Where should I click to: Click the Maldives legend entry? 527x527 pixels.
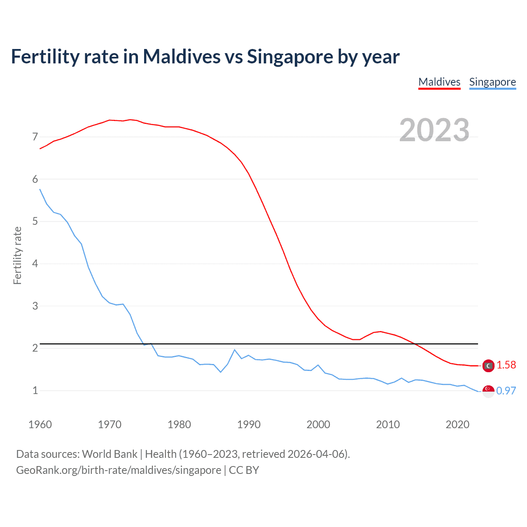[439, 82]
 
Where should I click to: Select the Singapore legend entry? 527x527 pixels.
[492, 82]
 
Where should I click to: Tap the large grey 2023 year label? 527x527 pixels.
[434, 130]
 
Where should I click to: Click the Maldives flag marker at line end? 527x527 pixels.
[488, 366]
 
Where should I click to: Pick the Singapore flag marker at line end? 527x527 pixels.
[488, 391]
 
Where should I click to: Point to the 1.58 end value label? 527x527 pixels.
[506, 365]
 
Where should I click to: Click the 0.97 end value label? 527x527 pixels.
[506, 391]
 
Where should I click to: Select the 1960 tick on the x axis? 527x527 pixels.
[40, 424]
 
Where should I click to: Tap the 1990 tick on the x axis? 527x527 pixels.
[249, 424]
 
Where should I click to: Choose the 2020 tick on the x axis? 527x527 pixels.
[457, 424]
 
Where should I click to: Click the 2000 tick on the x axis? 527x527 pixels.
[318, 424]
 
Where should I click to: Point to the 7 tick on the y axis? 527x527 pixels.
[35, 137]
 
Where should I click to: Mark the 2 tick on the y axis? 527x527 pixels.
[35, 348]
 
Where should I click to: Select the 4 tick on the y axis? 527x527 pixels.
[35, 263]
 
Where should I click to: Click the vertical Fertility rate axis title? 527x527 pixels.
[17, 255]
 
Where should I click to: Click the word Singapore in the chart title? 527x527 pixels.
[290, 57]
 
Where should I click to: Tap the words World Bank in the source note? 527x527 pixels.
[110, 454]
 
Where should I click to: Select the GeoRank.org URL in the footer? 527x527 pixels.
[119, 470]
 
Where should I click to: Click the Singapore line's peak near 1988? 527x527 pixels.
[235, 350]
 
